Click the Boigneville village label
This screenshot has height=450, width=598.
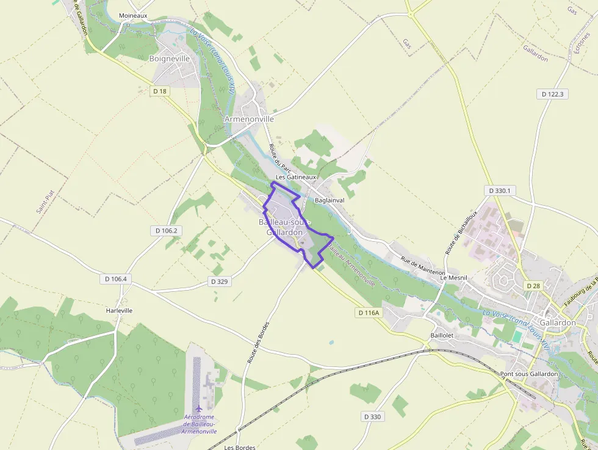(170, 59)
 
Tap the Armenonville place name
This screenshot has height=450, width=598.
(249, 119)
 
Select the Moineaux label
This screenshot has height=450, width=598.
(133, 15)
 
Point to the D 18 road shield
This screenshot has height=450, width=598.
(160, 91)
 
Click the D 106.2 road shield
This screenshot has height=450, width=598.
(166, 230)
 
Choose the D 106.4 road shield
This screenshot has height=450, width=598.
(115, 278)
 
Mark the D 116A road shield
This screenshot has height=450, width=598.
(368, 313)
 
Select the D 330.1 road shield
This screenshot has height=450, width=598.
(500, 191)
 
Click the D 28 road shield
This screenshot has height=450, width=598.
(533, 286)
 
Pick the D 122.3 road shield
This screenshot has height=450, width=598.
(552, 94)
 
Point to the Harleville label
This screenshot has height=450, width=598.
(119, 310)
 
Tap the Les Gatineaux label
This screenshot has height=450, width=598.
(296, 177)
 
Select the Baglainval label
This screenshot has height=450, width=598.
(330, 200)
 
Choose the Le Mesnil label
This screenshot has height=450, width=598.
(453, 277)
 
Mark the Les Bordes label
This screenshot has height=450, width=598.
(240, 447)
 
